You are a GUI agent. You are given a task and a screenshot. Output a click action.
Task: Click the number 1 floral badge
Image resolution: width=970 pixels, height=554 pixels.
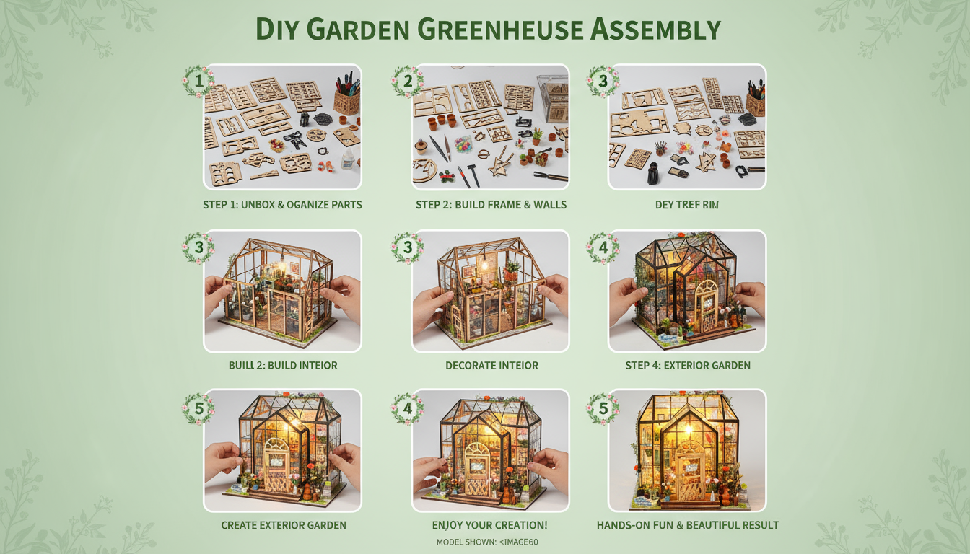tap(198, 81)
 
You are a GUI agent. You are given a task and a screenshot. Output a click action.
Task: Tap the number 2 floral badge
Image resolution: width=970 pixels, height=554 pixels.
tap(407, 81)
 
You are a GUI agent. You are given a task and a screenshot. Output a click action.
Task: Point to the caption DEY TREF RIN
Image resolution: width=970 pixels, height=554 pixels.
tap(686, 205)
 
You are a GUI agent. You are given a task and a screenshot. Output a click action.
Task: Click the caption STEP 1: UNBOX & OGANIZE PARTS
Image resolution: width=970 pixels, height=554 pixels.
tap(282, 205)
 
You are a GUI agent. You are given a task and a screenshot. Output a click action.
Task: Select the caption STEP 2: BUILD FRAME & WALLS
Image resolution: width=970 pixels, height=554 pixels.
tap(491, 205)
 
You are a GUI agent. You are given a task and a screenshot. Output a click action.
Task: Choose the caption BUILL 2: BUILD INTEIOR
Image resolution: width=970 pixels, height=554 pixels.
tap(283, 365)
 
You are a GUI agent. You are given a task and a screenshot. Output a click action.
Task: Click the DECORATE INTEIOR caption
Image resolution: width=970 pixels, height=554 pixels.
tap(491, 365)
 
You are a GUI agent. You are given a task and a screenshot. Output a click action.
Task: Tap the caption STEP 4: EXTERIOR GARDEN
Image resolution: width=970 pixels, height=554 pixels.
tap(688, 365)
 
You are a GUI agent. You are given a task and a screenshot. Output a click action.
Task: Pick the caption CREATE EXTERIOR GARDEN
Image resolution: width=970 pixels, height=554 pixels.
tap(284, 525)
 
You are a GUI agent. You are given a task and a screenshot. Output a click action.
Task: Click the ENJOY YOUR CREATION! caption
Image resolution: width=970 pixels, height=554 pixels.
tap(489, 525)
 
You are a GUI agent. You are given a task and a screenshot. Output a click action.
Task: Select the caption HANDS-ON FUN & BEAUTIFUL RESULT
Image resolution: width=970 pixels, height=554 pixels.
tap(688, 525)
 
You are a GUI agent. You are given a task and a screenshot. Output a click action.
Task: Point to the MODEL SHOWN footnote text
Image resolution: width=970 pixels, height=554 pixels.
tap(487, 542)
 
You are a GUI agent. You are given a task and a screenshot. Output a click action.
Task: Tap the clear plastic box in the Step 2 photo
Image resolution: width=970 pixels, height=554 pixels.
tap(553, 97)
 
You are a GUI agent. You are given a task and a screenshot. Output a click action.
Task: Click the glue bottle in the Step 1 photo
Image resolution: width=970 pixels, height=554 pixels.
tap(349, 159)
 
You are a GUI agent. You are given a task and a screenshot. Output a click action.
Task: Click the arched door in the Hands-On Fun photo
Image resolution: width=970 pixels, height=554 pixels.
tap(689, 462)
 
